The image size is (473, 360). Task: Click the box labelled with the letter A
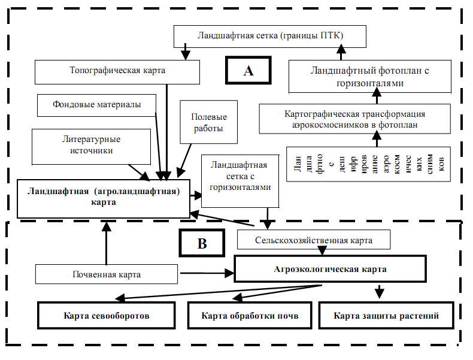[248, 70]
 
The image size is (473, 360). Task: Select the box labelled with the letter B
[202, 243]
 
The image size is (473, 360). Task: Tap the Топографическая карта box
[117, 72]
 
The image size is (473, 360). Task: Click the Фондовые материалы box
[96, 105]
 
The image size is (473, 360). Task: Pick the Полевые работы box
[209, 122]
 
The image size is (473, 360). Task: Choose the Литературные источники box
[91, 147]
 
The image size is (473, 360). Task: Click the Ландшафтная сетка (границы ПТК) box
[270, 37]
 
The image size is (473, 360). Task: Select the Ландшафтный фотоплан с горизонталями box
[370, 77]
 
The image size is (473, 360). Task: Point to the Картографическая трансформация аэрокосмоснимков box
[354, 119]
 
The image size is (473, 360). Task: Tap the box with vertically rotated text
[368, 164]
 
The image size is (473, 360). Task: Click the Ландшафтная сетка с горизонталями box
[240, 181]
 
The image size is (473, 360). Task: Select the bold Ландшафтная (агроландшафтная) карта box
[104, 198]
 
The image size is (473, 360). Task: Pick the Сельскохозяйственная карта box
[314, 240]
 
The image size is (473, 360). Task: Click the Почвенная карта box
[107, 274]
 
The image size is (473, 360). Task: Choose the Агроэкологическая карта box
[331, 269]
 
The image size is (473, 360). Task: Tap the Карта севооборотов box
[107, 315]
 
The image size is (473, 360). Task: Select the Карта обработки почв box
[250, 315]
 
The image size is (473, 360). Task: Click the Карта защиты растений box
[386, 315]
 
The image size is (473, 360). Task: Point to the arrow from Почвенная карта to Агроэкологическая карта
[207, 273]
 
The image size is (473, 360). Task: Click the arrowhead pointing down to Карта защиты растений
[379, 294]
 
